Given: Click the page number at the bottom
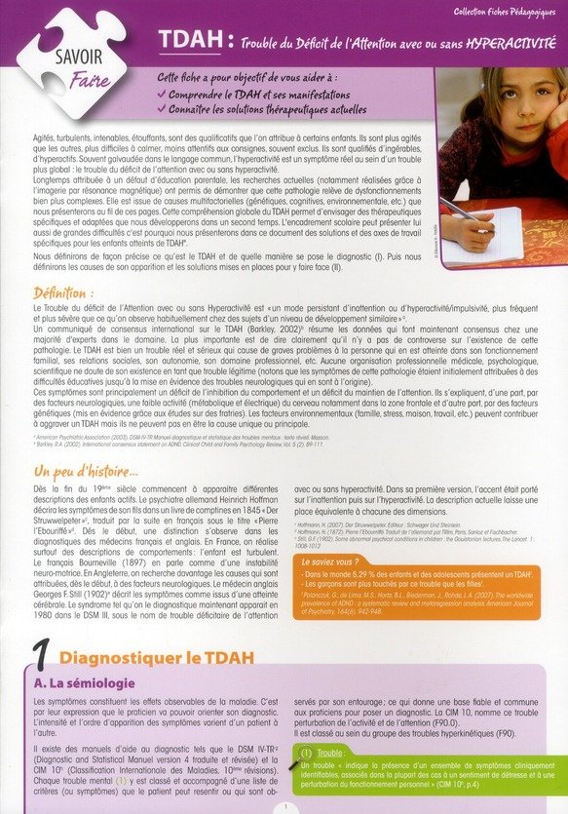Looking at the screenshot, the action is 283,807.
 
